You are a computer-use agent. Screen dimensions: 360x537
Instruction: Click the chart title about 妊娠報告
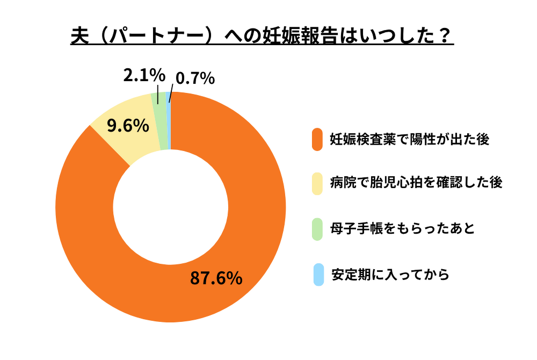[x=262, y=37]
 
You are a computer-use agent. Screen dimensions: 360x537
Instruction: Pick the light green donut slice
[x=159, y=121]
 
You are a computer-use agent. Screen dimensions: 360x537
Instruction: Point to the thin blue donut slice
[x=169, y=120]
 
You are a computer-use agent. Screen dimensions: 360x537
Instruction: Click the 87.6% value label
[x=216, y=278]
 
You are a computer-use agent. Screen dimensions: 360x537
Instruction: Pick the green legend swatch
[x=317, y=229]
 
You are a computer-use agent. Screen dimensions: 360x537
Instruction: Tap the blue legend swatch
[x=318, y=275]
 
